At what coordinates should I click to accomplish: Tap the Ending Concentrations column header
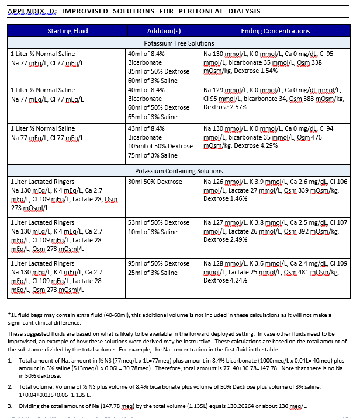pyautogui.click(x=275, y=31)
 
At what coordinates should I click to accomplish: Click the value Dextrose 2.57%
pyautogui.click(x=225, y=107)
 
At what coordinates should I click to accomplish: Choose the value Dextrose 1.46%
pyautogui.click(x=225, y=198)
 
